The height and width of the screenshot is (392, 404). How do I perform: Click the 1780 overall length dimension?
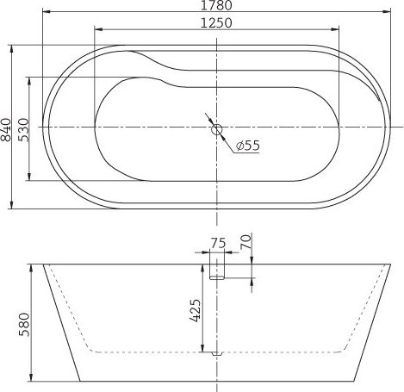[216, 5]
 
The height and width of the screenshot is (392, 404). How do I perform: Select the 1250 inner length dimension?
[216, 23]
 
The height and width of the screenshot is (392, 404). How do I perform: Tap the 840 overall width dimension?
[6, 130]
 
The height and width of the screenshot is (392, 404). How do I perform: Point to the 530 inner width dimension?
[23, 130]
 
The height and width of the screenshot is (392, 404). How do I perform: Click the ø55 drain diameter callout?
[247, 146]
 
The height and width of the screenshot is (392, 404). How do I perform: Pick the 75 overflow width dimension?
[218, 243]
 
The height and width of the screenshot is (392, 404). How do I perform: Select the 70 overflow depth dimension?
[246, 241]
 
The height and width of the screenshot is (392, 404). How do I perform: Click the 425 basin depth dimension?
[195, 310]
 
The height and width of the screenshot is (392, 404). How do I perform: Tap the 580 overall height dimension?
[24, 325]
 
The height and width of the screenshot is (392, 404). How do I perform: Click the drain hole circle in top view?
[217, 129]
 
